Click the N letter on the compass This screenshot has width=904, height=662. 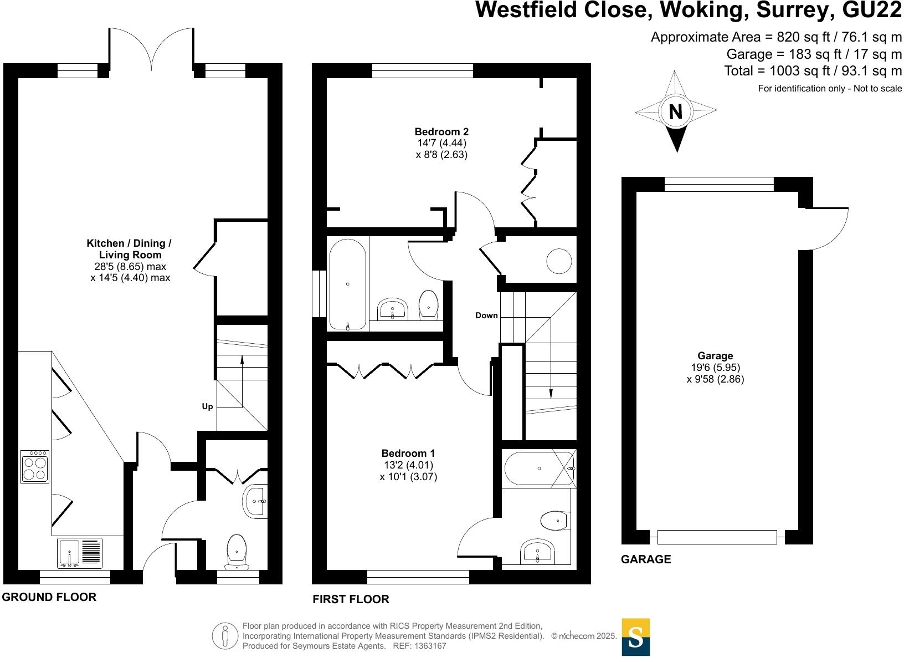pos(675,112)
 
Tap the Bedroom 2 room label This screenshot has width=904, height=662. pos(441,131)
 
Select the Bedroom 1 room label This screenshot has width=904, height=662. pos(408,453)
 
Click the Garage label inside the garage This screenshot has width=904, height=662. pos(715,356)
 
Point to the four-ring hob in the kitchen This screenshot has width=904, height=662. pos(35,467)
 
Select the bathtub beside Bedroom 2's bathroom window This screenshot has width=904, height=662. pos(347,284)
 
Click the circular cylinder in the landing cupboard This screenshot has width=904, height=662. pos(559,261)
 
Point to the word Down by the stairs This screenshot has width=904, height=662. pos(486,315)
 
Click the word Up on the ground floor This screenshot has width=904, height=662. pos(207,406)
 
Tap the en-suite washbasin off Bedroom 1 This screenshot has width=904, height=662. pos(538,551)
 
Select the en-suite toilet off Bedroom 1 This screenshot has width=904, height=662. pos(553,520)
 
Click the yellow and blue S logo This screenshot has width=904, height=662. pos(636,637)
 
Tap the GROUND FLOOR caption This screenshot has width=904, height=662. pos(49,597)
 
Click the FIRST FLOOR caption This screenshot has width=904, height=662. pos(351,599)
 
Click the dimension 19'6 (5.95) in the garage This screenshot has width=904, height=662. pos(715,368)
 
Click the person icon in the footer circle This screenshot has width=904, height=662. pos(224,636)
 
